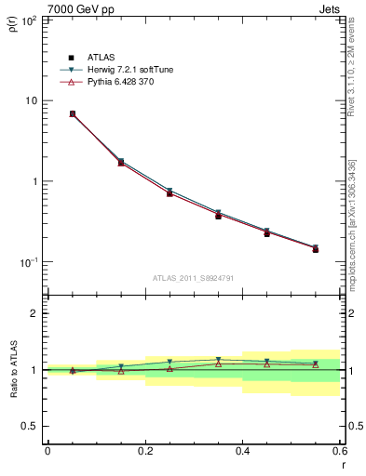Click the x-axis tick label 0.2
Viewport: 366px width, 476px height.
tap(144, 452)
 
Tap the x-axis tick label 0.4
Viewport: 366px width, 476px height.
tap(242, 452)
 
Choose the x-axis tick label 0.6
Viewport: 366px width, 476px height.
tap(339, 452)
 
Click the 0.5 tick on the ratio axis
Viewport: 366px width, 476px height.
tap(30, 426)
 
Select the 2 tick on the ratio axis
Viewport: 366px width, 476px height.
tap(34, 313)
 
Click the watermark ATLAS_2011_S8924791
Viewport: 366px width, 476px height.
tap(193, 278)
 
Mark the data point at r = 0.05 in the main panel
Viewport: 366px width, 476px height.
tap(72, 114)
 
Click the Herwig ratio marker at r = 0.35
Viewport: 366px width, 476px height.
tap(218, 360)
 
